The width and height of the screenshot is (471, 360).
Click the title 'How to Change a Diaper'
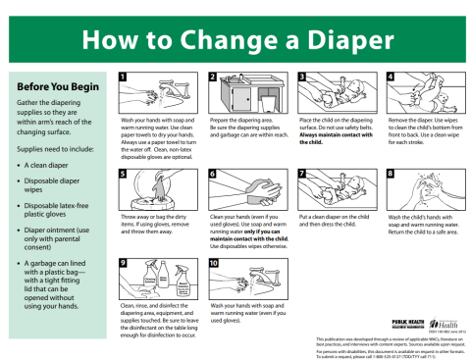coord(235,39)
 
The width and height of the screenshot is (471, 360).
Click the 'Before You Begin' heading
coord(49,86)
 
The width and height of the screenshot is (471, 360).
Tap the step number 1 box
coord(123,76)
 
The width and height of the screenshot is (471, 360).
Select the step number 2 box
coord(212,76)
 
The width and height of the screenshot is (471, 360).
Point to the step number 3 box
coord(302,76)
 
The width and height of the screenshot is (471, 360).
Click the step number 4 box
coord(392,76)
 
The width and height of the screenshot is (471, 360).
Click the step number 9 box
coord(123,263)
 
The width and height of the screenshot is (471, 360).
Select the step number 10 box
coord(213,263)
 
